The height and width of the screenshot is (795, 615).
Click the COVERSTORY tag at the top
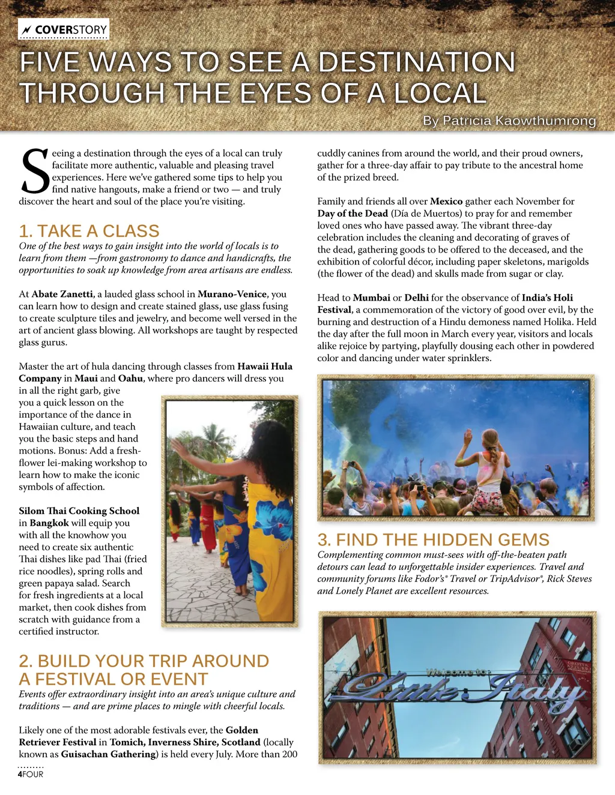[x=64, y=29]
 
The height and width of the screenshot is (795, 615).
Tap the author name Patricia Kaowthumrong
[x=509, y=121]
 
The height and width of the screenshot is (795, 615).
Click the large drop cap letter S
[x=35, y=172]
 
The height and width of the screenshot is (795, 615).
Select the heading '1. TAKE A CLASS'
[x=89, y=231]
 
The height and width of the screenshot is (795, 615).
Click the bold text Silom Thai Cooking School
[x=79, y=511]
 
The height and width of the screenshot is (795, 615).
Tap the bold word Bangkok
[x=49, y=523]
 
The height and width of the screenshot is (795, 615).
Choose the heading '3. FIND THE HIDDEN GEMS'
[x=433, y=539]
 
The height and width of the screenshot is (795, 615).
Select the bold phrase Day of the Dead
[x=353, y=213]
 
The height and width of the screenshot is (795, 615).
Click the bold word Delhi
[x=416, y=298]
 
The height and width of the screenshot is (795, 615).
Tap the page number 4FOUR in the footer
[x=31, y=774]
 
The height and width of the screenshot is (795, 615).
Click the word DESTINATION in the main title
[x=416, y=62]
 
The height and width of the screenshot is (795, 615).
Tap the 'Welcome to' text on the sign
[x=458, y=673]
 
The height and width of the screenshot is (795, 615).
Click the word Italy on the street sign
[x=535, y=694]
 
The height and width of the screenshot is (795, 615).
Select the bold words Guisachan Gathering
[x=108, y=754]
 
